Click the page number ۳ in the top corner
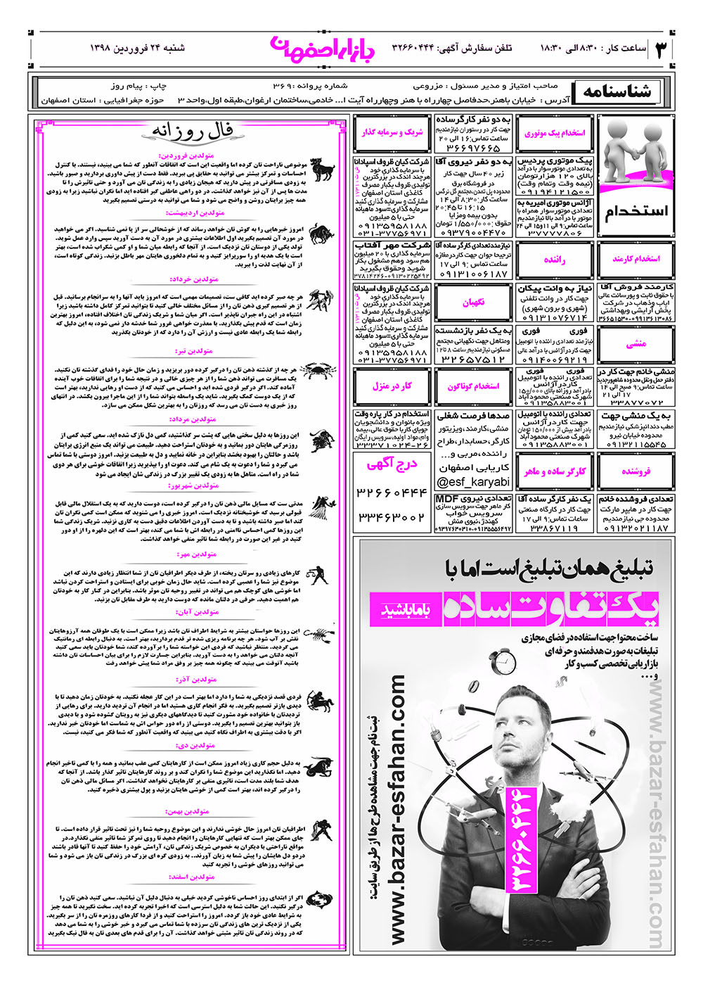662,50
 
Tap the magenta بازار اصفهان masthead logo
309,46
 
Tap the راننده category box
555,260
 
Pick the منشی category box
636,344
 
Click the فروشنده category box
636,471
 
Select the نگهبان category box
473,302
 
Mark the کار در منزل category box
392,386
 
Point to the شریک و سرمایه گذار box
392,132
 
